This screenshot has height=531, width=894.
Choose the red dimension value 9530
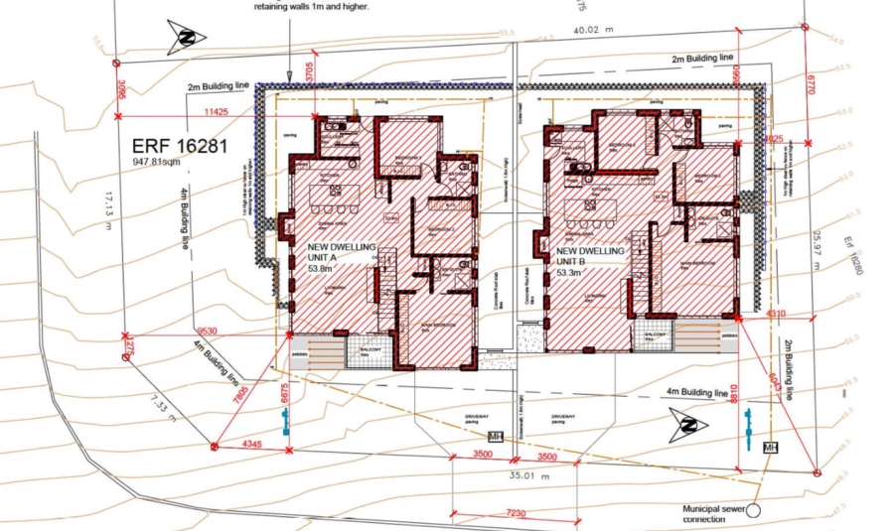click(208, 329)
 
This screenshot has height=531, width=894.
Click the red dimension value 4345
click(251, 444)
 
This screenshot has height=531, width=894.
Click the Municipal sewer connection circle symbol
click(753, 510)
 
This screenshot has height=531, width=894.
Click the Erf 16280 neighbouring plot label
click(850, 256)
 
